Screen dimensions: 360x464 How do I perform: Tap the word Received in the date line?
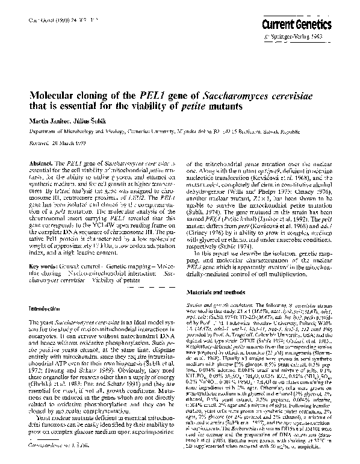40,145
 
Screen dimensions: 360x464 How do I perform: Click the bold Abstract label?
41,164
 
